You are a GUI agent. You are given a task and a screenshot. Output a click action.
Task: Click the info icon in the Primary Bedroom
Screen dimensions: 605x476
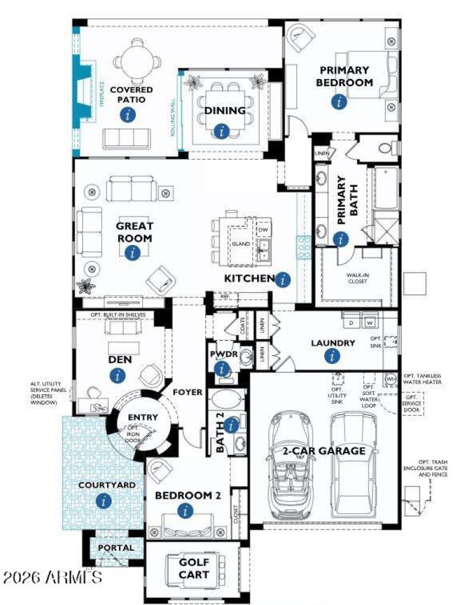click(339, 102)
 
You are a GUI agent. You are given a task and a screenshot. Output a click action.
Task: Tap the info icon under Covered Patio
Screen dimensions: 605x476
click(126, 115)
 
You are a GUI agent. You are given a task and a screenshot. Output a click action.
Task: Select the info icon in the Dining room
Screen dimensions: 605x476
click(222, 131)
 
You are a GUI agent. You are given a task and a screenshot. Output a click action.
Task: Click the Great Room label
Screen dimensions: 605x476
click(134, 232)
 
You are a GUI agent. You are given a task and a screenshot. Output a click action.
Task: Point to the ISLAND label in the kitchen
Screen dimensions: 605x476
click(241, 244)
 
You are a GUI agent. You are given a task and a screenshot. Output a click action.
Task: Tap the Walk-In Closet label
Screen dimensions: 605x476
click(357, 278)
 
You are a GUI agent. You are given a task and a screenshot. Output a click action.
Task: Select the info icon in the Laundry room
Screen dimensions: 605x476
click(332, 356)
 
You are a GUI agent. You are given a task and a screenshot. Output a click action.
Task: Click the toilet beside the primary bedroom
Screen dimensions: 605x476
click(384, 146)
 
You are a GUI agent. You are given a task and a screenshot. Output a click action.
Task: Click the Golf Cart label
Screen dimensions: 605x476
click(194, 568)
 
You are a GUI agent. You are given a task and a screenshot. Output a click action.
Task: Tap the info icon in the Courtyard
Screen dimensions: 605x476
click(104, 501)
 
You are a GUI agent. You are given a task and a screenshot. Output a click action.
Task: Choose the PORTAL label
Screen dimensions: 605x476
click(116, 547)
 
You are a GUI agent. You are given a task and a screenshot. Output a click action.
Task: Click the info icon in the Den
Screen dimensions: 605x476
click(118, 375)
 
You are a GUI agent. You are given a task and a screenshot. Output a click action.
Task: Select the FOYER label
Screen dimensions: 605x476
click(188, 393)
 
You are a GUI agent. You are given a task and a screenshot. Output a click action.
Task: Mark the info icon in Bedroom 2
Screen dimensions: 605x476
click(186, 510)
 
